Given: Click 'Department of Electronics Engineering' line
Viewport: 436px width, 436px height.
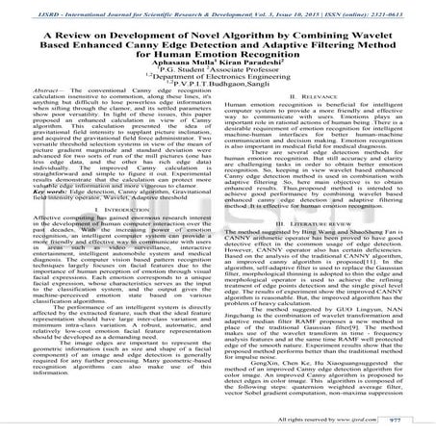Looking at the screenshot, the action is (x=218, y=93).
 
